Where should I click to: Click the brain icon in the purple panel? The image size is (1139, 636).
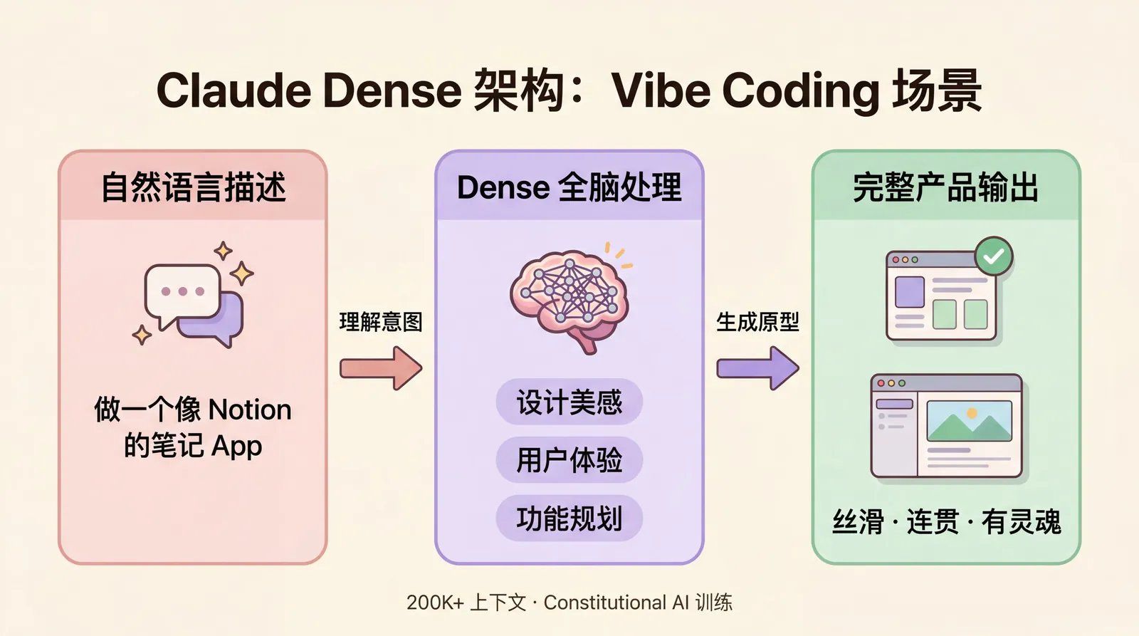[x=569, y=299]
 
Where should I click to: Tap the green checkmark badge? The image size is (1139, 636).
[x=994, y=256]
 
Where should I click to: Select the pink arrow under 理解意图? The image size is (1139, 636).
[x=381, y=367]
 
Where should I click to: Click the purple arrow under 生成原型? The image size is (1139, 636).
[x=757, y=367]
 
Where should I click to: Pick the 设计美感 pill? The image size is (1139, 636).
[x=569, y=402]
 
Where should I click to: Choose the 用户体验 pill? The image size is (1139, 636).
[x=569, y=460]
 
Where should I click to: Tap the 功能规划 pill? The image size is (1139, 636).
[x=569, y=518]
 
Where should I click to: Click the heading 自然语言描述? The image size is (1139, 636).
[x=193, y=187]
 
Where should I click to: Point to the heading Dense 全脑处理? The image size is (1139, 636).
[x=569, y=187]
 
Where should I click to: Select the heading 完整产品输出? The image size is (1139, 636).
[x=945, y=187]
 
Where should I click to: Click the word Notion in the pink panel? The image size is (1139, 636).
[x=250, y=410]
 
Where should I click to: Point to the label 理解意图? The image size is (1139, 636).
[x=381, y=322]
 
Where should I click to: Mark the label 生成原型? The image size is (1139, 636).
[x=757, y=322]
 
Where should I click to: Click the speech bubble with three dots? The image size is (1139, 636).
[x=182, y=292]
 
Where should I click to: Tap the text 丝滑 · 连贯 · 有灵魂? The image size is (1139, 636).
[x=946, y=522]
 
